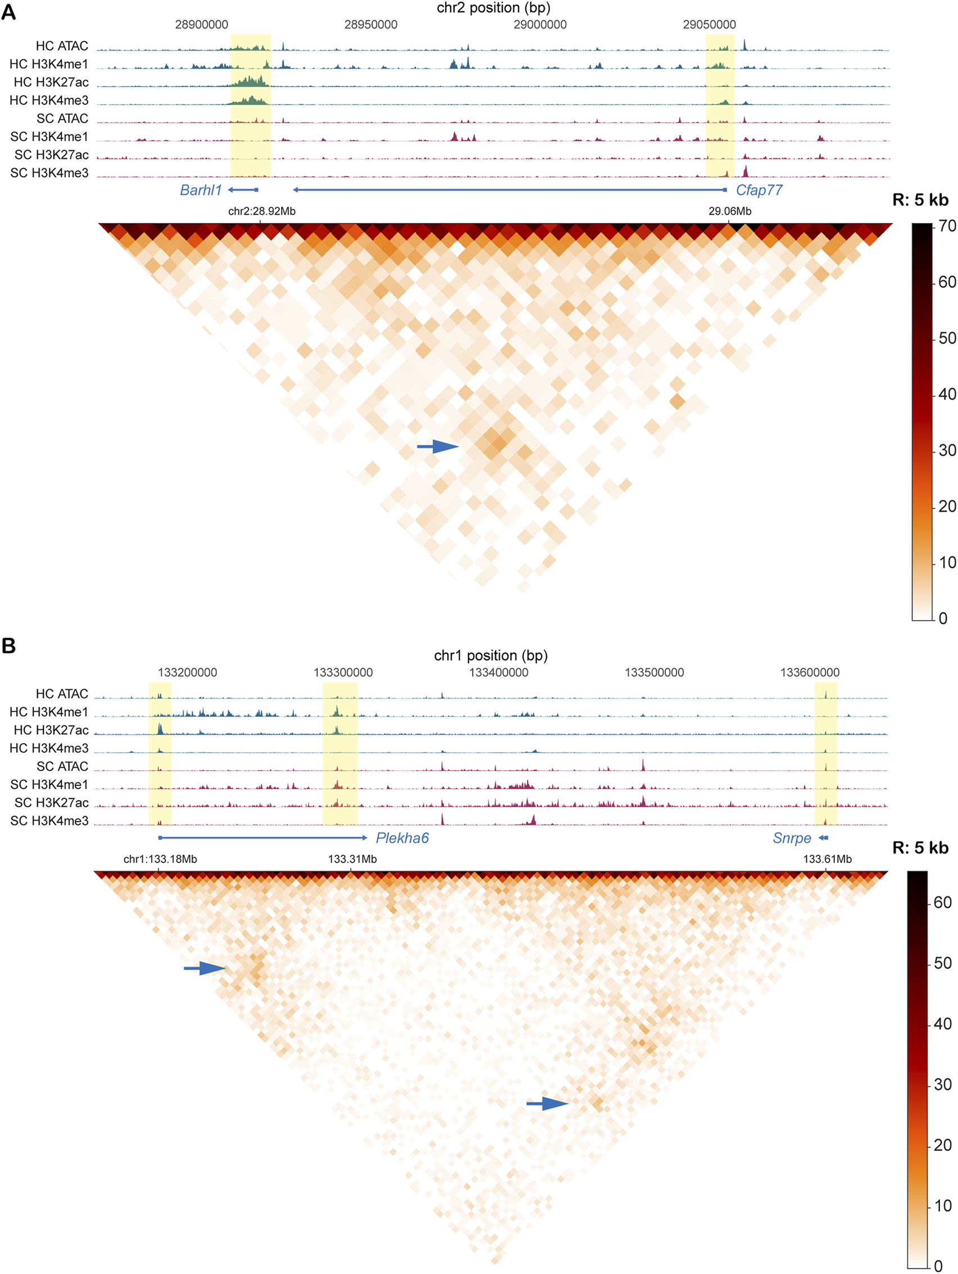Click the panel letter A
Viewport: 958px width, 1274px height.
pos(8,12)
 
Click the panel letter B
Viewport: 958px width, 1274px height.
pos(8,645)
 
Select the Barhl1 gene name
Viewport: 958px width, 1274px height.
pos(201,190)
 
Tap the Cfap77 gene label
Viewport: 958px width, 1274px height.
pos(759,190)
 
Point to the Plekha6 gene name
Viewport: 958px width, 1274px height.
pos(402,838)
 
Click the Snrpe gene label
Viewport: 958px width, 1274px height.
pos(792,838)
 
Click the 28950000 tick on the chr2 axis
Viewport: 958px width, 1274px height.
pos(371,25)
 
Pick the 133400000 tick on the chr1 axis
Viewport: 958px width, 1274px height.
pos(498,672)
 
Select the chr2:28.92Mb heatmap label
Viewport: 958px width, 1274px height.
pos(261,211)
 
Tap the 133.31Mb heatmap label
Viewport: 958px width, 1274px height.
pos(352,859)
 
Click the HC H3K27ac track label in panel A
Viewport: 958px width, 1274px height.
pos(51,82)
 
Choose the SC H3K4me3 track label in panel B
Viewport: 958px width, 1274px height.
pos(49,821)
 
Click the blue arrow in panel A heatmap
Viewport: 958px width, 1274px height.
pos(438,446)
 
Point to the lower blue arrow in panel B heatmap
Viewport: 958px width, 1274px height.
pos(547,1104)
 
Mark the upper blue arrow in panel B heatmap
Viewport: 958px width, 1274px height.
pos(205,968)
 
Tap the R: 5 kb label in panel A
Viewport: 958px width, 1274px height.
pos(920,200)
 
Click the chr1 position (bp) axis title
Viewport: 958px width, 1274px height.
pos(491,656)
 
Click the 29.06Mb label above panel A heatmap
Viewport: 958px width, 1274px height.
pos(729,211)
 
